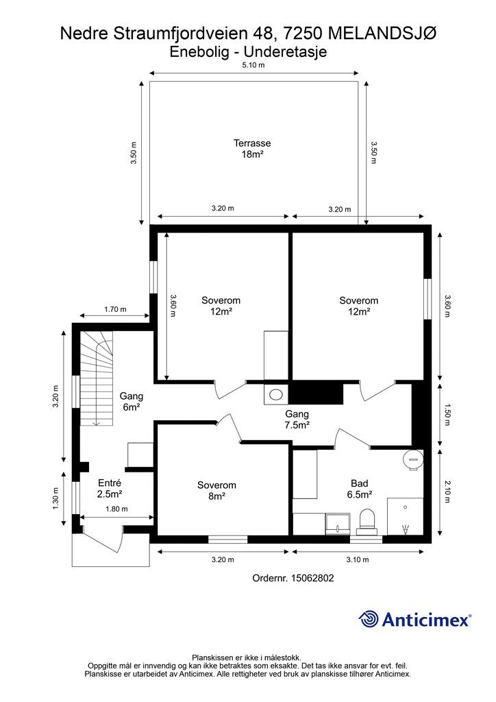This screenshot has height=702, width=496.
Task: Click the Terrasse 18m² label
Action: coord(252,149)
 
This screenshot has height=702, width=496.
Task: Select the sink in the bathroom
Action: coord(338,523)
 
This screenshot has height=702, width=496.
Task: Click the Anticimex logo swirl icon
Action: coord(369,619)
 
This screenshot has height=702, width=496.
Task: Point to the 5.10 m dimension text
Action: coord(253,65)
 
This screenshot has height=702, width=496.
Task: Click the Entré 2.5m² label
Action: coord(110,488)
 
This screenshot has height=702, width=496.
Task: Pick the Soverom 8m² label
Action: coord(216,490)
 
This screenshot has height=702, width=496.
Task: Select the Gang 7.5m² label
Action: coord(297,420)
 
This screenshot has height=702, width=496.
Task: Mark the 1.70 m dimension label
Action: coord(115,309)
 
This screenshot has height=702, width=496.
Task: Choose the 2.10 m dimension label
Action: coord(447,491)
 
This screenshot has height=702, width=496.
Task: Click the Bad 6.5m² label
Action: coord(360,488)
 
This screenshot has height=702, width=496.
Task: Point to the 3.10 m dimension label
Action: coord(358,559)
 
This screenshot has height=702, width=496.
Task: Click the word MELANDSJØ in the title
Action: coord(382,34)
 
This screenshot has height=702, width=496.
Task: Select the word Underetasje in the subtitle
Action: coord(289,51)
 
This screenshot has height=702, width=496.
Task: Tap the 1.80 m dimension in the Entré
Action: coord(116,509)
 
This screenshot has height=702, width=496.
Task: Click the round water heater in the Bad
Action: coord(413,458)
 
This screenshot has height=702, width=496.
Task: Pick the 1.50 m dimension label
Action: coord(447,415)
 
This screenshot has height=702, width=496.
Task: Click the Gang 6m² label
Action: coord(132,401)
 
